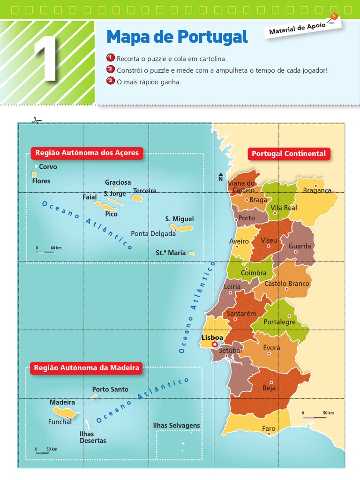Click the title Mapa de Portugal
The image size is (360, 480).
tap(177, 36)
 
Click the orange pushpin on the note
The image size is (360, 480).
tap(334, 17)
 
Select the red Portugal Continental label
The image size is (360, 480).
tap(288, 154)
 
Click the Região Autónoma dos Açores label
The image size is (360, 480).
tap(87, 153)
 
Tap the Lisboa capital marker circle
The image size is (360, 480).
tap(215, 345)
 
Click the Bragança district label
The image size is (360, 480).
tap(317, 190)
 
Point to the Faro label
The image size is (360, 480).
tap(269, 428)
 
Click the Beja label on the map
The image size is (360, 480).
tap(269, 388)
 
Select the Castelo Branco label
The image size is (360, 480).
tap(287, 284)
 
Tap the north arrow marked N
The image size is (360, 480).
tap(221, 177)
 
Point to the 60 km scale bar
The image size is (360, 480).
tap(45, 252)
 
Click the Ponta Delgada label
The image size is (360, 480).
tap(153, 233)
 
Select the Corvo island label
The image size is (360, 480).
tap(48, 167)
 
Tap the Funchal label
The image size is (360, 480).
tap(60, 422)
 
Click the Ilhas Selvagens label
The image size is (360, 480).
tap(176, 426)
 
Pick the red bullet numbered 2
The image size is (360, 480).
tap(111, 70)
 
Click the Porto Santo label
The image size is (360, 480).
tap(110, 389)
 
